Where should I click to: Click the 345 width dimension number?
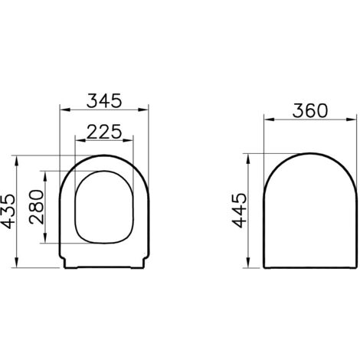click(x=104, y=100)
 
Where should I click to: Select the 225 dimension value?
click(x=104, y=132)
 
